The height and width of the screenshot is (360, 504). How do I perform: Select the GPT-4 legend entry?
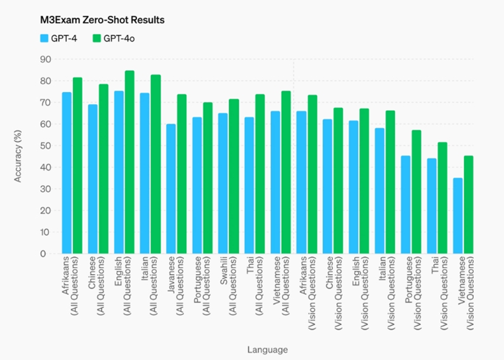coord(58,39)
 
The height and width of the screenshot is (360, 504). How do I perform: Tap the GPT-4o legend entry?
coord(113,39)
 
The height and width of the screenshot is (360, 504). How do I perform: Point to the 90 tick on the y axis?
coord(45,59)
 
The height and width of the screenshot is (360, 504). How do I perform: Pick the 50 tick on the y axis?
coord(45,146)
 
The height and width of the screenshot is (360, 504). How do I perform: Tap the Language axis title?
coord(267,350)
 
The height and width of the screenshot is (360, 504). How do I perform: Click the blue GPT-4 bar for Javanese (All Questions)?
coord(171,189)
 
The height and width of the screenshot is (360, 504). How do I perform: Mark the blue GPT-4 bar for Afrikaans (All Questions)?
coord(67,173)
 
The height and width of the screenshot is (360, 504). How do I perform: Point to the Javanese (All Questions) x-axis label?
coord(176,289)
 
